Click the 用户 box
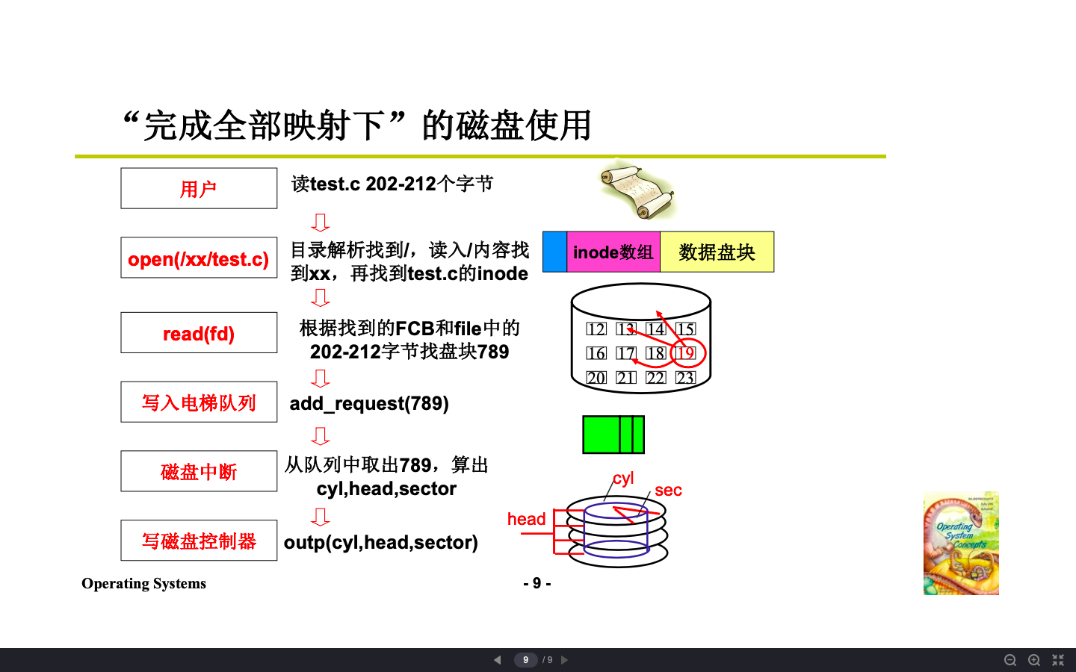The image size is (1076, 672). (x=199, y=188)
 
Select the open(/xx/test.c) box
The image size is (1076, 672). (x=199, y=258)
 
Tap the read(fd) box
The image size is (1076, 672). (x=199, y=333)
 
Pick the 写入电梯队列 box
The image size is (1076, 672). (x=199, y=402)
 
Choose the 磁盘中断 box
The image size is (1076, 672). (x=199, y=471)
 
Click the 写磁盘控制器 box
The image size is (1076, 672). (x=199, y=541)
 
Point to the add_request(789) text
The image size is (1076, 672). (x=369, y=403)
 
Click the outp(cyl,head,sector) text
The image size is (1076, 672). (x=380, y=542)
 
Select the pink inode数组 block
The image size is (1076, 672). (x=613, y=252)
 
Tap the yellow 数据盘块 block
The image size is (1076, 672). (x=717, y=252)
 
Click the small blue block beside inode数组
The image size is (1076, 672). (x=554, y=252)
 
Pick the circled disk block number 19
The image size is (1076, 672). (x=685, y=353)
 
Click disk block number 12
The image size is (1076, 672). (x=596, y=329)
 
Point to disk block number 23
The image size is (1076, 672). (x=685, y=378)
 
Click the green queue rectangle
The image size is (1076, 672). (x=613, y=435)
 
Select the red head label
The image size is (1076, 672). (x=526, y=519)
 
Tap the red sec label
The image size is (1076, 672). (x=668, y=490)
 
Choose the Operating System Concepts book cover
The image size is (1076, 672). (x=961, y=543)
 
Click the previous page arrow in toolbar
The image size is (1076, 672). (x=497, y=660)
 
